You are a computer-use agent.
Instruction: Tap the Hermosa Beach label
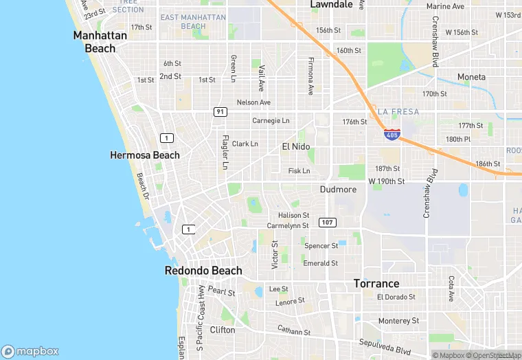(x=145, y=155)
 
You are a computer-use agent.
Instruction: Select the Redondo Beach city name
(x=203, y=271)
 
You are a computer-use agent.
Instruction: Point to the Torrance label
(x=376, y=283)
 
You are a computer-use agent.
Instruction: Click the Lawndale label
(x=331, y=4)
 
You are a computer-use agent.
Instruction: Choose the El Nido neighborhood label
(x=296, y=146)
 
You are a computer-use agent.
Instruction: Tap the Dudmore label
(x=338, y=189)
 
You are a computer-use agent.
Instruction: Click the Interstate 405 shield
(x=391, y=135)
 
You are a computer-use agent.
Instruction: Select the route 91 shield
(x=220, y=111)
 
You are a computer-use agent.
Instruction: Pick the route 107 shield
(x=328, y=222)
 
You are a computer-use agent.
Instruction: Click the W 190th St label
(x=387, y=181)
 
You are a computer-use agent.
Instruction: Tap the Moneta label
(x=471, y=77)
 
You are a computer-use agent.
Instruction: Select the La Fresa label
(x=398, y=111)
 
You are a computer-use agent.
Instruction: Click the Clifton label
(x=223, y=330)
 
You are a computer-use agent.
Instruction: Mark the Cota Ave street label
(x=451, y=289)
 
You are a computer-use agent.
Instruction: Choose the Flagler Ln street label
(x=225, y=152)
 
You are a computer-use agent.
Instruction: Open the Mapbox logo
(x=30, y=351)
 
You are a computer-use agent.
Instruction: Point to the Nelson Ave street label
(x=253, y=102)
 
